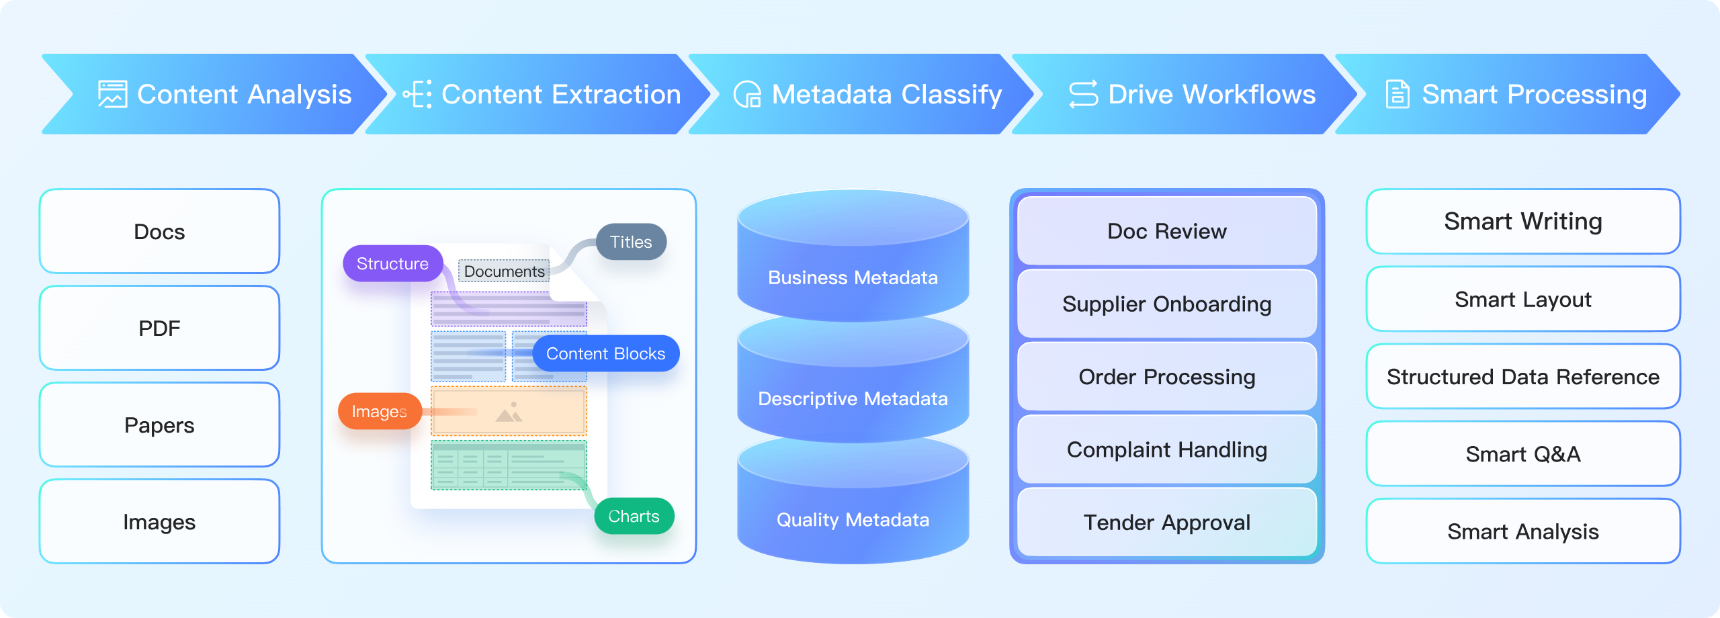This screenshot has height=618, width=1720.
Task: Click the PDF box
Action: tap(159, 328)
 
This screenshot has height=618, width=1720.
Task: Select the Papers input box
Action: tap(159, 425)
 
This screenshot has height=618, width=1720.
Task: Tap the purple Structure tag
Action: tap(392, 263)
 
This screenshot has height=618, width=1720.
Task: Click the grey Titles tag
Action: tap(631, 242)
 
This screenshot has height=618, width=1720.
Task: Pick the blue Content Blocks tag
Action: tap(605, 353)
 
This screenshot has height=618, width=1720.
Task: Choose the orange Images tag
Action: tap(380, 411)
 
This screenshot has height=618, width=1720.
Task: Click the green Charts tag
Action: tap(634, 516)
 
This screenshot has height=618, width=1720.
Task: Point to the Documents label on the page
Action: tap(504, 271)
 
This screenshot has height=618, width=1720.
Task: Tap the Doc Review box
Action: tap(1167, 231)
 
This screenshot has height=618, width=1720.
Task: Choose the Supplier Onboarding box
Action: tap(1167, 304)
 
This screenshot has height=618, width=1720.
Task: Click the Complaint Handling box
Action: tap(1167, 449)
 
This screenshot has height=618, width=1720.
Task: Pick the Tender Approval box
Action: tap(1167, 522)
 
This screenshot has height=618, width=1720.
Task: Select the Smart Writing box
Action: tap(1523, 222)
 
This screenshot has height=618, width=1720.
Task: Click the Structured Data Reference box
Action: tap(1523, 376)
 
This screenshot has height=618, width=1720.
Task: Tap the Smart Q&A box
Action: tap(1523, 454)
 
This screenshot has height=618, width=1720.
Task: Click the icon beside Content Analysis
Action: tap(112, 94)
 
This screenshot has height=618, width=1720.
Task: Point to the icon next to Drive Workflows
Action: tap(1083, 94)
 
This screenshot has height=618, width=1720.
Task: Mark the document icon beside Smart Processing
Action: tap(1397, 94)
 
